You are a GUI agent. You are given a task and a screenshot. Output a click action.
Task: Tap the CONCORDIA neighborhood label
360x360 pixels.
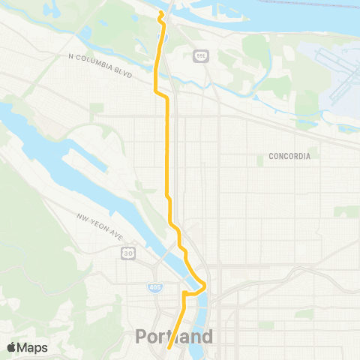(289, 157)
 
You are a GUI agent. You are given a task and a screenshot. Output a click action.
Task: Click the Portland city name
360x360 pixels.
(174, 337)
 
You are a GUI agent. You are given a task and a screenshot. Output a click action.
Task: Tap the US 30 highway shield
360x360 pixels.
(128, 253)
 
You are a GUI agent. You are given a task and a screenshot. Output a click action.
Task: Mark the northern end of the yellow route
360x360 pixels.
(160, 13)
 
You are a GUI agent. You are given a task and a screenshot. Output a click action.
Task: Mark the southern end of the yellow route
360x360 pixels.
(169, 346)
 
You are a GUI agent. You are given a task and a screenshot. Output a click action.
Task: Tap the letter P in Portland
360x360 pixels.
(142, 337)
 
